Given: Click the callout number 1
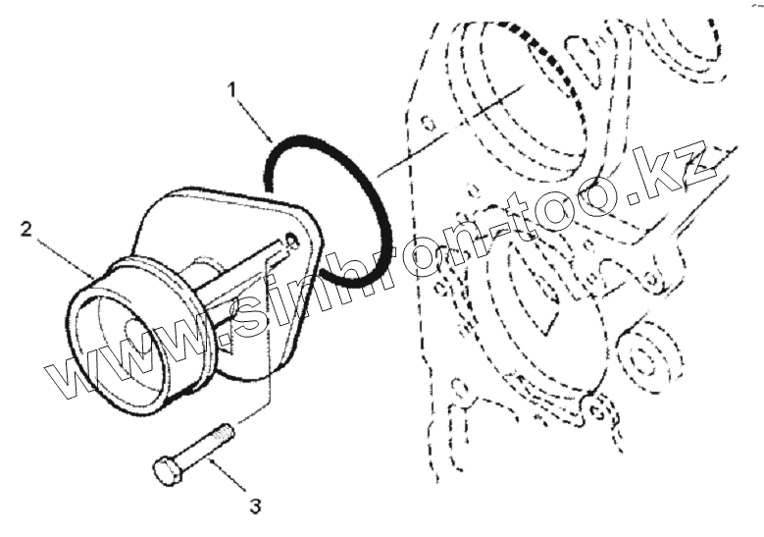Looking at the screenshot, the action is pyautogui.click(x=232, y=91).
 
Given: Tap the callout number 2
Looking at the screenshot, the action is pyautogui.click(x=27, y=232).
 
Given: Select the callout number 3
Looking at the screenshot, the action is pyautogui.click(x=254, y=507).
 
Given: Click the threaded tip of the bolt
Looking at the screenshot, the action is pyautogui.click(x=226, y=431).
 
